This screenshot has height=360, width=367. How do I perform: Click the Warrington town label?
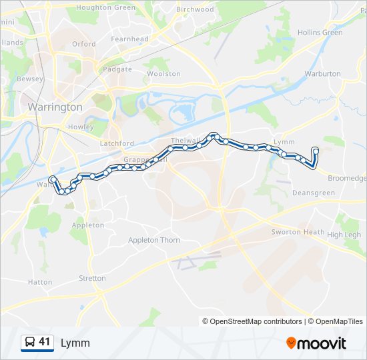[x=55, y=107]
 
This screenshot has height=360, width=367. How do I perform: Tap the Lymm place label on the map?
[x=284, y=142]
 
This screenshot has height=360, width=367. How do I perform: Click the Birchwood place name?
[x=195, y=9]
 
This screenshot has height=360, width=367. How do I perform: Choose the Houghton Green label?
[x=105, y=7]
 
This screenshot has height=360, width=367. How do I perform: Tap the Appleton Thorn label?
[x=154, y=240]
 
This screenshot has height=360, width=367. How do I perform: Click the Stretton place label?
[x=92, y=278]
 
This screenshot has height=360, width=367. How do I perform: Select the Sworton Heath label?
[x=298, y=232]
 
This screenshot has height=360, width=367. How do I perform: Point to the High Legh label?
[x=344, y=235]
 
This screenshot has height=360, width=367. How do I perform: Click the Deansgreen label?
[x=313, y=193]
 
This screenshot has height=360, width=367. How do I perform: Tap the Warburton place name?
[x=322, y=74]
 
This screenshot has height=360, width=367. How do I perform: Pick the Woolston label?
[x=163, y=74]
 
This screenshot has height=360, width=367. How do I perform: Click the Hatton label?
[x=40, y=282]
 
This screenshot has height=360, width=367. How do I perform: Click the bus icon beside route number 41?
[x=30, y=343]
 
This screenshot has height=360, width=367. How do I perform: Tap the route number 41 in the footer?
[x=45, y=343]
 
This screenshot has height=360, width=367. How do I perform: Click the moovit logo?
[x=316, y=343]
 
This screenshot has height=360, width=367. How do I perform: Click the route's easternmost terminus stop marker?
[x=315, y=150]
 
